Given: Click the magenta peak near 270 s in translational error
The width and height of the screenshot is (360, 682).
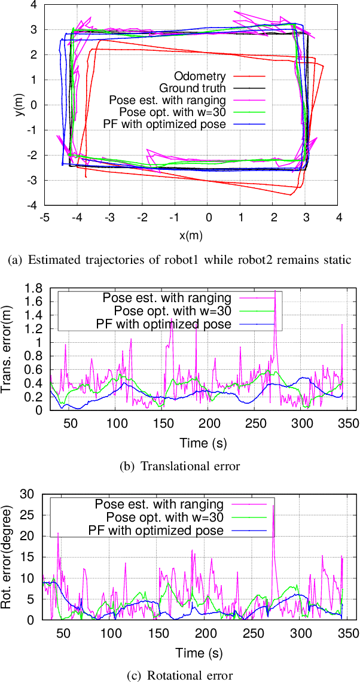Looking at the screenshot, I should pos(275,291).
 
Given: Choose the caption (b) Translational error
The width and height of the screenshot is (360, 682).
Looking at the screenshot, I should pos(179,467).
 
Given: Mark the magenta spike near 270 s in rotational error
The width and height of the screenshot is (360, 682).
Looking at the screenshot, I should pos(273,506).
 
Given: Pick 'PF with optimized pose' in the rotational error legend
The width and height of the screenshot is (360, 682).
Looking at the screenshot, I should pos(156,530).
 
